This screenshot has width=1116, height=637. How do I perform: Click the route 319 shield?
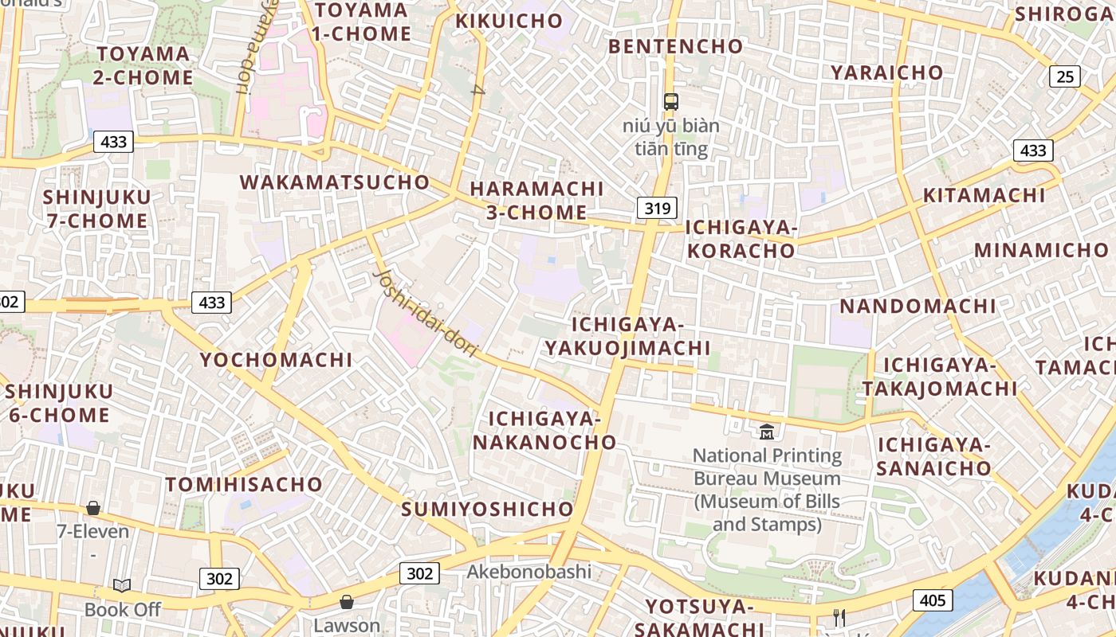point(657,209)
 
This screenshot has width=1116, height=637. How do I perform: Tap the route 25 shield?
point(1065,76)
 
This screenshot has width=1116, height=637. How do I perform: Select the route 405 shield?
point(933,600)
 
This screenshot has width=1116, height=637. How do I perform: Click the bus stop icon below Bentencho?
point(671,102)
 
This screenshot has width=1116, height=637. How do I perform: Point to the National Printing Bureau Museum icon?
point(767,432)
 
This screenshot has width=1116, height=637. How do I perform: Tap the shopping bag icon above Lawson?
point(346,602)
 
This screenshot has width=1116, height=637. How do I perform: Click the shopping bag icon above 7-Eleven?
point(93,508)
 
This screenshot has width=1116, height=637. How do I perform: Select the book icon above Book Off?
point(122,586)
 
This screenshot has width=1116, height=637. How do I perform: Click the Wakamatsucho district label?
point(335,182)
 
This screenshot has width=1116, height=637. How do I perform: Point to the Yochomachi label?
point(276,360)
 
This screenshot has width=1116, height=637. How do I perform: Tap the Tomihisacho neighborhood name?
point(244,484)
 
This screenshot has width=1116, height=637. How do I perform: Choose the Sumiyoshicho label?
point(487,509)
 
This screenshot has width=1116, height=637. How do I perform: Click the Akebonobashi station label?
point(529,572)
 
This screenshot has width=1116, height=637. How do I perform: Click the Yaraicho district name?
point(886,72)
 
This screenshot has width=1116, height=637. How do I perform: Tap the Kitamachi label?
point(984,195)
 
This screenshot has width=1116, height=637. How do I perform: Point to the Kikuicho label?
point(509,21)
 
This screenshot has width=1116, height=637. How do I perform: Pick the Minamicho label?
point(1041,250)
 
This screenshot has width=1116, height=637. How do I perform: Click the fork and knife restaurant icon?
point(839,617)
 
